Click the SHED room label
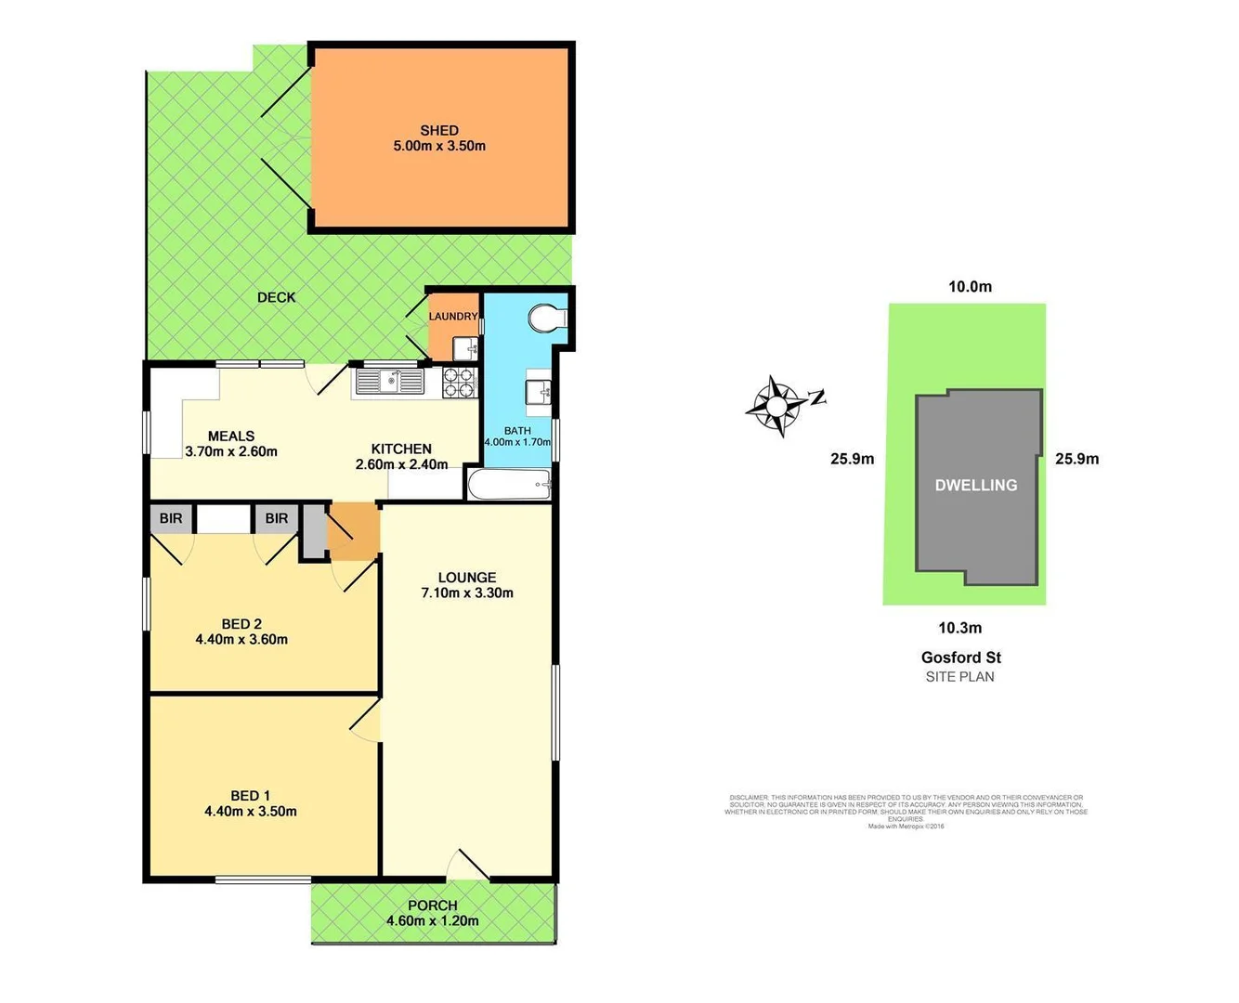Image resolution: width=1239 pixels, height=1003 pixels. pyautogui.click(x=439, y=131)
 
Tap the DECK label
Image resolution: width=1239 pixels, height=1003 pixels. pyautogui.click(x=276, y=297)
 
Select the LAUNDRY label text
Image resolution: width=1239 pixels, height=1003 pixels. pyautogui.click(x=453, y=317)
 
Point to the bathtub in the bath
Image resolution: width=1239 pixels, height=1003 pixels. pyautogui.click(x=510, y=483)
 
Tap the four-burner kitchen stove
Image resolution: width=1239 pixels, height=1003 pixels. pyautogui.click(x=459, y=382)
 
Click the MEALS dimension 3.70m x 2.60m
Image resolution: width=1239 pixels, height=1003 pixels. pyautogui.click(x=231, y=452)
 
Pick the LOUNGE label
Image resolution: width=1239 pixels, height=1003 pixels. pyautogui.click(x=467, y=577)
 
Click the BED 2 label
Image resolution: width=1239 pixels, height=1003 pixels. pyautogui.click(x=241, y=623)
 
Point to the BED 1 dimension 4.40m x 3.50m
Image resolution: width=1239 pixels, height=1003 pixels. pyautogui.click(x=251, y=811)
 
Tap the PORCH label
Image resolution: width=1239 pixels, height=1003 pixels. pyautogui.click(x=433, y=905)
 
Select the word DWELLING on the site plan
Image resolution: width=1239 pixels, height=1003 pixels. pyautogui.click(x=975, y=485)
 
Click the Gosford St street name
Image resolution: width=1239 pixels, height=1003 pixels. pyautogui.click(x=960, y=658)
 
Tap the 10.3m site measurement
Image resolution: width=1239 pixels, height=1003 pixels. pyautogui.click(x=959, y=628)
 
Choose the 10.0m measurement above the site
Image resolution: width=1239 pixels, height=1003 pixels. pyautogui.click(x=970, y=287)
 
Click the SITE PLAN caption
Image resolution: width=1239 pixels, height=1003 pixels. pyautogui.click(x=959, y=677)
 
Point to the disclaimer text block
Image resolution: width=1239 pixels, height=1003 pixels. pyautogui.click(x=906, y=809)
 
